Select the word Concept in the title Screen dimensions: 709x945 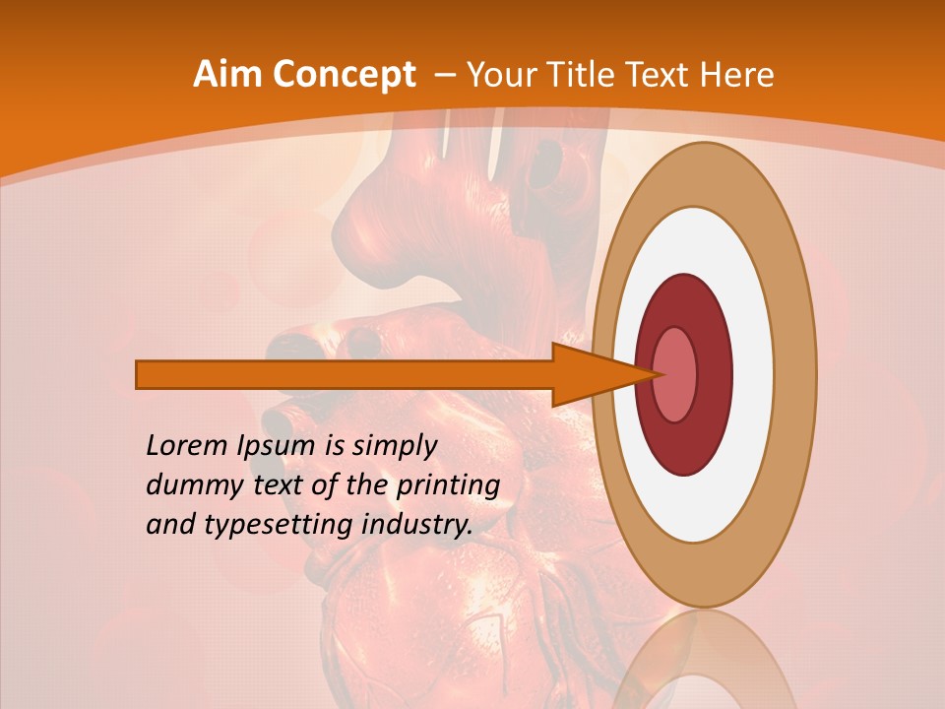[344, 75]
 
